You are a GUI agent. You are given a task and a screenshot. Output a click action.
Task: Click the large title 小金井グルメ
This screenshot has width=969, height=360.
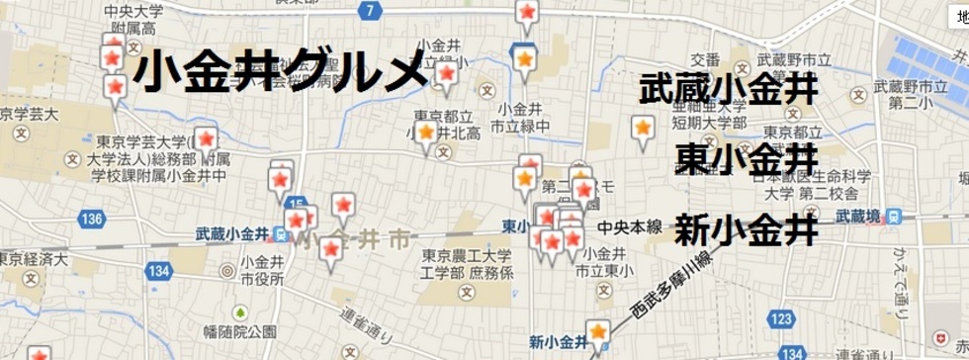(280, 71)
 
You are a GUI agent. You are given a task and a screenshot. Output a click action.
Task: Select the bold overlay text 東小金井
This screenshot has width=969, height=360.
(748, 158)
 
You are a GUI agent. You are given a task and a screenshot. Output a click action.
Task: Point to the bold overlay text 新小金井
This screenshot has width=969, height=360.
(747, 230)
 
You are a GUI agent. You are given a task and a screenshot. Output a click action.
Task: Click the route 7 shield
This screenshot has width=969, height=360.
(370, 11)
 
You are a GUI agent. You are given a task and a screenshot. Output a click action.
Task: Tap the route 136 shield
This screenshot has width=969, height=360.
(93, 218)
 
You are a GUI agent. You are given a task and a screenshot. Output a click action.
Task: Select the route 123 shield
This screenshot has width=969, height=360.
(781, 318)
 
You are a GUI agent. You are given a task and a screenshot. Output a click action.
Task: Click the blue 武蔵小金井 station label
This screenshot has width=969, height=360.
(233, 234)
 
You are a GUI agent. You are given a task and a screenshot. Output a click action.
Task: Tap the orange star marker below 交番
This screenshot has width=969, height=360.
(643, 129)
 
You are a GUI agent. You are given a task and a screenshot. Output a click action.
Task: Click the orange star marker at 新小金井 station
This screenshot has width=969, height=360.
(598, 331)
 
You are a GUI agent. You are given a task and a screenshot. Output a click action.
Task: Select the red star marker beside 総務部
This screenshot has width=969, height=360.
(206, 139)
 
